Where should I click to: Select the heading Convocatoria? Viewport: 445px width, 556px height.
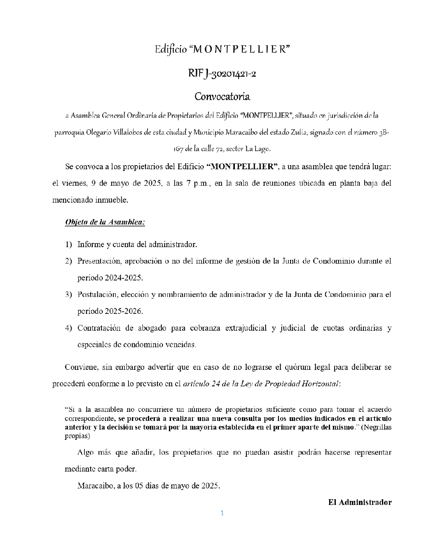click(222, 97)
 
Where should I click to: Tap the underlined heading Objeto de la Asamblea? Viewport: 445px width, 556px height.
click(105, 222)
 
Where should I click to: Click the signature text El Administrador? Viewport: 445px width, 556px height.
click(360, 502)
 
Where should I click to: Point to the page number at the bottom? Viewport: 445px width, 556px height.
click(222, 513)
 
